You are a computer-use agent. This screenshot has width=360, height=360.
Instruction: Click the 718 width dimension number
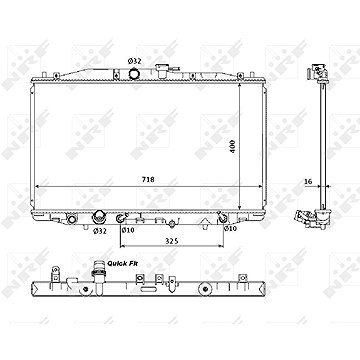point(148,180)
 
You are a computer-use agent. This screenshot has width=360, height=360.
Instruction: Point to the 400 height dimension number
point(233,146)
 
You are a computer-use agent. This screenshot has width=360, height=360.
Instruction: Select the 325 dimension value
point(171,241)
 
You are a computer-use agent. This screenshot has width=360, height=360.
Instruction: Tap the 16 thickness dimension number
point(308,182)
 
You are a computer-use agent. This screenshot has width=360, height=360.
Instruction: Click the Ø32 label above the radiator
point(135,61)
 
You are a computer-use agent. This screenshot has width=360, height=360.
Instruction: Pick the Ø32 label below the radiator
point(100,230)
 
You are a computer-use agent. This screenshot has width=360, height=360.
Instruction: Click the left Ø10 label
point(128,229)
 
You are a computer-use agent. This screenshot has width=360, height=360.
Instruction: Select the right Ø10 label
point(230,228)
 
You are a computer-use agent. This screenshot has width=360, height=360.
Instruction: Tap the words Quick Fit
point(123,263)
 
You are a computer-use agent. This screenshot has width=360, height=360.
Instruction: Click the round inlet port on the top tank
point(134,73)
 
